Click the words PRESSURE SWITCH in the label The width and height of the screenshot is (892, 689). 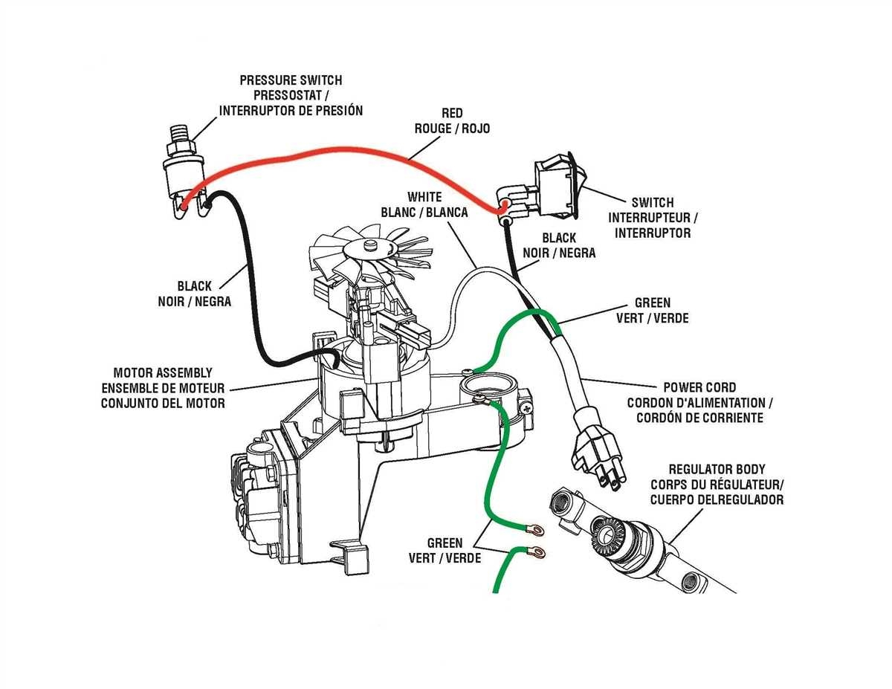coord(291,80)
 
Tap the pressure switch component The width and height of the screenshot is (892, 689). coord(183,173)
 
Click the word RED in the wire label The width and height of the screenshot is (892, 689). coord(451,113)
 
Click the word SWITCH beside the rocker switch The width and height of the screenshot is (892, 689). coord(652,202)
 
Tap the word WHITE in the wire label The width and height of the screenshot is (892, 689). coord(424,197)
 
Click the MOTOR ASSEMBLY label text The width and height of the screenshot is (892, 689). coord(163,372)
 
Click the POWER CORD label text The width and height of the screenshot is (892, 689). coord(699,387)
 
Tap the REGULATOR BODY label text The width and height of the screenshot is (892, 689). coord(717,470)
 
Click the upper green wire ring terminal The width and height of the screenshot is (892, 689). coord(534,530)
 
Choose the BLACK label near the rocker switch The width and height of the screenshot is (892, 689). coord(559,238)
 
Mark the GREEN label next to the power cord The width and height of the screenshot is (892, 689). coord(652,303)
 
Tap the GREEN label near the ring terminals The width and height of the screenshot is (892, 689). coord(445,543)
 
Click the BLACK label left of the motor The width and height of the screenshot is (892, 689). coord(194,285)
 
